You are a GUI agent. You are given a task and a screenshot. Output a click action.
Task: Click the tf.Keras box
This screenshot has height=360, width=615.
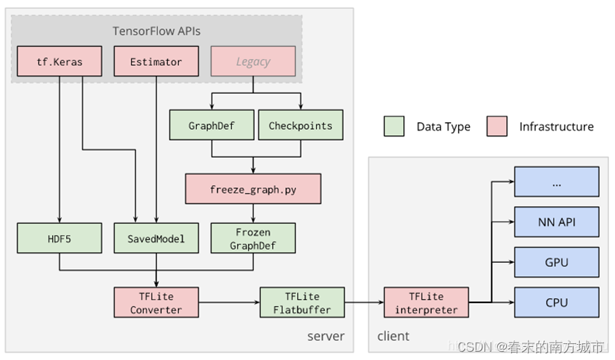click(59, 62)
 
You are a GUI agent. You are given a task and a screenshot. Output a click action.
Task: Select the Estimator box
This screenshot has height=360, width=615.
click(156, 62)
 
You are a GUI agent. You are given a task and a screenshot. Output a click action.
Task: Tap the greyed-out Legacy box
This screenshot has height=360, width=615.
click(253, 62)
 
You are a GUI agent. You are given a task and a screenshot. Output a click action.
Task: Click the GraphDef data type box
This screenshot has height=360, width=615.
click(211, 126)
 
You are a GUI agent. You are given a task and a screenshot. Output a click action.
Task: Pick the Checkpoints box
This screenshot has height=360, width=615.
click(300, 126)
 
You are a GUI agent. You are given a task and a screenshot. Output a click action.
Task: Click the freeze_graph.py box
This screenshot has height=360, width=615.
click(253, 189)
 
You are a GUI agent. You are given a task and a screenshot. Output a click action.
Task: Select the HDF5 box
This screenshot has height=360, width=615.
click(59, 238)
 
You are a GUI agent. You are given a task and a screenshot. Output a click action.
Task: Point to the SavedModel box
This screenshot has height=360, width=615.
click(156, 238)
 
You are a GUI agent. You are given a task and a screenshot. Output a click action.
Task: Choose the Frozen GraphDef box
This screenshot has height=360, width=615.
click(253, 238)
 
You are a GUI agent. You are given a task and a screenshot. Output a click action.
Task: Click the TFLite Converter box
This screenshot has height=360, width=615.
click(156, 302)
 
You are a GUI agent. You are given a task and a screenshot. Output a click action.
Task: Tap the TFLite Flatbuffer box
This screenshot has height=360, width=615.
click(301, 302)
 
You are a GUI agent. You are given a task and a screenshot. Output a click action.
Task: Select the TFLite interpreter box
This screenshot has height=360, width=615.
click(426, 302)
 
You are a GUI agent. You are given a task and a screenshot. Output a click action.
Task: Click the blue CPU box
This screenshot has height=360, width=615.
click(556, 302)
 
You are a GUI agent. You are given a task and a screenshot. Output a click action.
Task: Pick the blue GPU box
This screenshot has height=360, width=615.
click(556, 262)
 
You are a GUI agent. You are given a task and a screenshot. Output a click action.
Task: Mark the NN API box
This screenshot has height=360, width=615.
click(556, 223)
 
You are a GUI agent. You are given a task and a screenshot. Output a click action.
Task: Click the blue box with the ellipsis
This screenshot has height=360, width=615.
click(556, 182)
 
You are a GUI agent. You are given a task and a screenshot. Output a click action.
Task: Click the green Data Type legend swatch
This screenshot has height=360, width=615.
click(394, 126)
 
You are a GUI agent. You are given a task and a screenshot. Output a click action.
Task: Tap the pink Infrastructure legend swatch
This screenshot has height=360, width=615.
click(497, 126)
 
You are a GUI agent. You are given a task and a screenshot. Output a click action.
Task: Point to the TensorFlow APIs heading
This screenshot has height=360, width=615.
click(156, 31)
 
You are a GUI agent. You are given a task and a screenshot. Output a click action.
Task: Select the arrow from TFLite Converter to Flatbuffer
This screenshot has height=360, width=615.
click(228, 302)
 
